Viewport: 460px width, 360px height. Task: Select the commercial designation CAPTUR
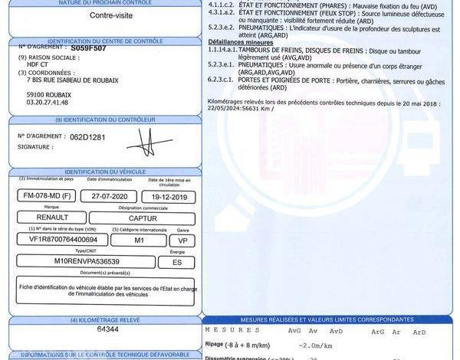pos(143,218)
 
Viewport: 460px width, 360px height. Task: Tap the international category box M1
pos(139,240)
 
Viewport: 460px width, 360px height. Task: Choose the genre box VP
pos(182,240)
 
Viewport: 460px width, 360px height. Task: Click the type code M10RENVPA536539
pos(86,262)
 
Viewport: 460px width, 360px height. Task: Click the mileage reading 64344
pos(108,329)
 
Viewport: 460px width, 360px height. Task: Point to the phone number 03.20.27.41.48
pos(48,102)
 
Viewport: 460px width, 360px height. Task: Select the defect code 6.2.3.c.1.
pos(221,80)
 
